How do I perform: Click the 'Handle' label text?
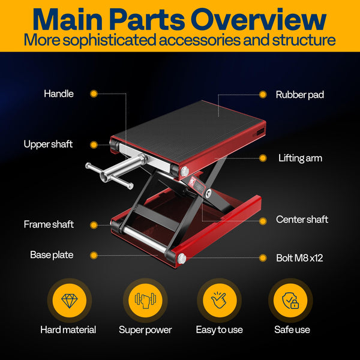[x=58, y=94]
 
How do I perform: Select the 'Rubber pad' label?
[x=300, y=94]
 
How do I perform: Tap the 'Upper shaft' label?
[x=48, y=144]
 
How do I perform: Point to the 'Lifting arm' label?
[x=300, y=158]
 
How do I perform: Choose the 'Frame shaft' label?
[x=49, y=224]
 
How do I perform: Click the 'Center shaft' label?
[x=302, y=220]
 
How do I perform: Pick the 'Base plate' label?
[x=52, y=255]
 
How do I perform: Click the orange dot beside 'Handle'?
[x=94, y=94]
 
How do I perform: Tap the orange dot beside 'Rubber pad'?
[x=262, y=94]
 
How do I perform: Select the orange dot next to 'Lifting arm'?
[x=262, y=158]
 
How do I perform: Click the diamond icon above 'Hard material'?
[x=68, y=300]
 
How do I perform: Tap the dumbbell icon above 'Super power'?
[x=145, y=300]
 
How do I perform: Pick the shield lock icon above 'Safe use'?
[x=290, y=300]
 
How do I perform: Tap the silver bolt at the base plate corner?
[x=182, y=259]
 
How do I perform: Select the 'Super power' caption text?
[x=145, y=330]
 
